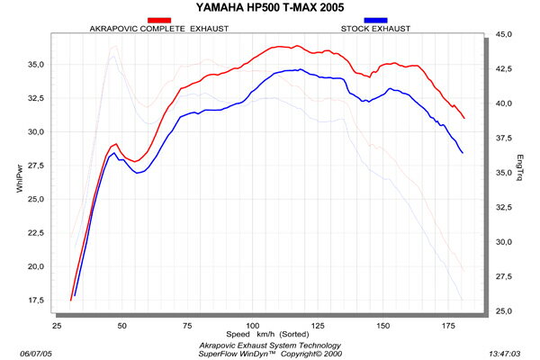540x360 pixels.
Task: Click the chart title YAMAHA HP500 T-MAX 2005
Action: coord(270,7)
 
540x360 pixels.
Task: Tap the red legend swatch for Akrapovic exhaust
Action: coord(159,20)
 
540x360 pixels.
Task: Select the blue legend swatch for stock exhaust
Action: coord(375,20)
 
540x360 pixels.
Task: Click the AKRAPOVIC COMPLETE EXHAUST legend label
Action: coord(158,29)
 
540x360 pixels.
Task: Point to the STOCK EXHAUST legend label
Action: coord(375,29)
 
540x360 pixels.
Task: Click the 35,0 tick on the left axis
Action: coord(37,64)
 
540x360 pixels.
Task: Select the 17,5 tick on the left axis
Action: coord(37,300)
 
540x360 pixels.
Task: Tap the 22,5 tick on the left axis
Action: coord(37,232)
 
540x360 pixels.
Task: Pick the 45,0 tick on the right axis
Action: coord(505,34)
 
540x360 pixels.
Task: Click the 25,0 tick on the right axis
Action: coord(505,311)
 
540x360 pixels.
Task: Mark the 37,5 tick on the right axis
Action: coord(505,138)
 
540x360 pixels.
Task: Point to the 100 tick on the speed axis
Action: coord(254,324)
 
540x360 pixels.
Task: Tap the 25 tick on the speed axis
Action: coord(57,324)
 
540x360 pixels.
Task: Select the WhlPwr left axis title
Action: coord(20,173)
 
